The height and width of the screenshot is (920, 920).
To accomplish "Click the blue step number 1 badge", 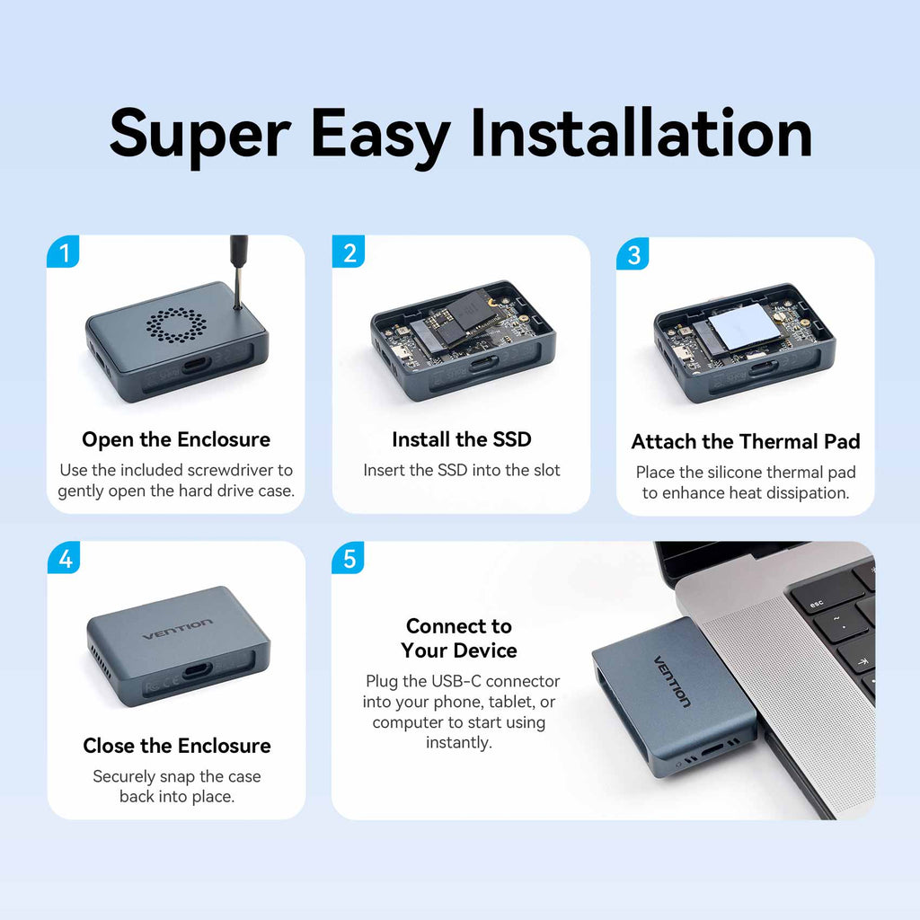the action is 63,252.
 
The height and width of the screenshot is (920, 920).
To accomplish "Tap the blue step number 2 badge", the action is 349,252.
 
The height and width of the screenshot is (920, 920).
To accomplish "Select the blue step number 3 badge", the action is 632,254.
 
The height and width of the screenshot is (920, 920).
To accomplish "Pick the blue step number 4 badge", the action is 64,557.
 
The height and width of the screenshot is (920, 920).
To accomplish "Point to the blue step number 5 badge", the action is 348,557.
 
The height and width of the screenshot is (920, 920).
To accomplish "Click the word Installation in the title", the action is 641,135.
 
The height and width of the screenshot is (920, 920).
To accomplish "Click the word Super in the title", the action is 200,138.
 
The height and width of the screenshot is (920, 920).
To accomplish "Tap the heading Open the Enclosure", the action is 176,439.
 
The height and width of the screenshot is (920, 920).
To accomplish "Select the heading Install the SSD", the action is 462,439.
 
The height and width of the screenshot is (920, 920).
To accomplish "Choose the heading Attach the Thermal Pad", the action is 746,441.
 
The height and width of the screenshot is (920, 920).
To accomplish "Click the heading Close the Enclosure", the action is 177,745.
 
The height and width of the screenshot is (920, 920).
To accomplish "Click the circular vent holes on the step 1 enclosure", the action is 176,324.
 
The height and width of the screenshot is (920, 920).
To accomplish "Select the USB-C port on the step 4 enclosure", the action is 198,670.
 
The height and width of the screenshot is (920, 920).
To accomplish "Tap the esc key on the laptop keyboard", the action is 816,603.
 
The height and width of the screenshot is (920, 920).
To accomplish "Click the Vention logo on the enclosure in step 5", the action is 672,681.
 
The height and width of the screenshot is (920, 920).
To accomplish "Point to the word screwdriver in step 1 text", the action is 226,470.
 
